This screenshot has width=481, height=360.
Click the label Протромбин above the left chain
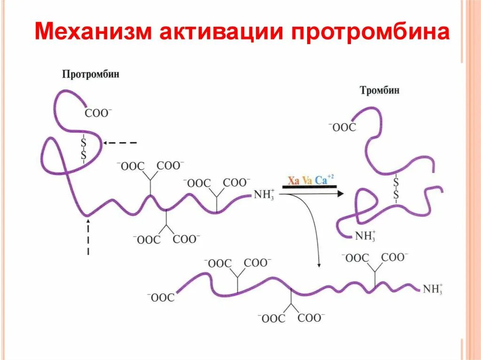click(x=90, y=74)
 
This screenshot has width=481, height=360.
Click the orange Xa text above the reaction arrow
click(x=293, y=180)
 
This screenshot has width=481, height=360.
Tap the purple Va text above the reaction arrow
click(x=307, y=180)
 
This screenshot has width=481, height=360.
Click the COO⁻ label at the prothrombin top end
click(x=98, y=113)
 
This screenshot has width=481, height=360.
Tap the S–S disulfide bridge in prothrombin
click(x=84, y=147)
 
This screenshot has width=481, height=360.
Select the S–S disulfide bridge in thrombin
click(x=396, y=188)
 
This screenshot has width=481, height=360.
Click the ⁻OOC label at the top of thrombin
click(x=342, y=127)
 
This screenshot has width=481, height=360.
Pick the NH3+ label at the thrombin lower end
click(x=365, y=236)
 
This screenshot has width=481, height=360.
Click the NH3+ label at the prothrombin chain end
click(x=264, y=194)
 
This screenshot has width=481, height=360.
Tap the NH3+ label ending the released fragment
click(x=432, y=289)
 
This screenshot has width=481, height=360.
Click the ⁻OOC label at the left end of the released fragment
click(x=161, y=298)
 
